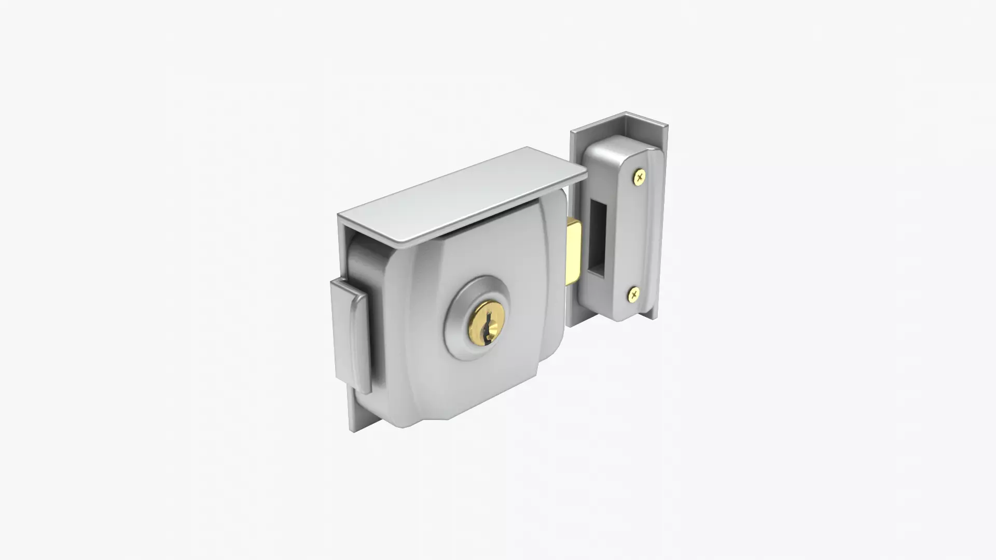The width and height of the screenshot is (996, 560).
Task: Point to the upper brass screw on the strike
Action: tap(640, 177)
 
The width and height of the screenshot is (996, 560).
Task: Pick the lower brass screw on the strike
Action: tap(634, 295)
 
